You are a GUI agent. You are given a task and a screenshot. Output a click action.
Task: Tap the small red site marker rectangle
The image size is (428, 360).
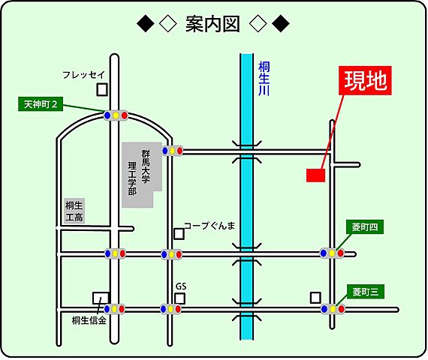tap(315, 175)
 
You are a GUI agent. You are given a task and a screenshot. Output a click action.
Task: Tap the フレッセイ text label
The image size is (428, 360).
tap(84, 75)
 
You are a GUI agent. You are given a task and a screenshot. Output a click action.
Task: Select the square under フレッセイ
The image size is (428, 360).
tap(102, 90)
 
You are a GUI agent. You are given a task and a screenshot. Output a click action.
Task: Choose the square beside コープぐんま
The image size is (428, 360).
tap(179, 233)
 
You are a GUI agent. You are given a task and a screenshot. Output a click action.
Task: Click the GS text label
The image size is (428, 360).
tap(180, 286)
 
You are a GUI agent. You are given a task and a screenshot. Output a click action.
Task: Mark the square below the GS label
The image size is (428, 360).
tap(180, 298)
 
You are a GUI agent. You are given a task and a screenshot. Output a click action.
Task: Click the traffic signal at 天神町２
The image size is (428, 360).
tap(116, 115)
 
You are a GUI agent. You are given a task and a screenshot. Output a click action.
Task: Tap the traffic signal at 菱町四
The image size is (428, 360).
tap(332, 253)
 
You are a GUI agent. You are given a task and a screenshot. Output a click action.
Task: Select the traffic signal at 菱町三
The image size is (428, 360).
tap(333, 308)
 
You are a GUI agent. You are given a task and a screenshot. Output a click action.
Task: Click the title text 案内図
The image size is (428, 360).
tap(215, 24)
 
